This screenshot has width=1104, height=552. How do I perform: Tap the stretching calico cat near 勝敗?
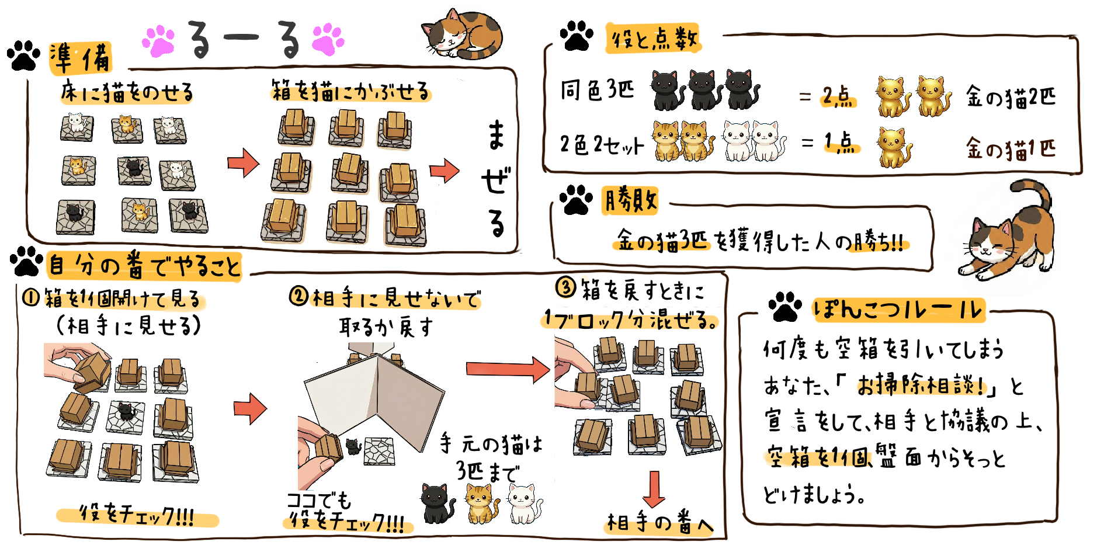click(1006, 231)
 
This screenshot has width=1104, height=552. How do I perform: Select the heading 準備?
click(81, 58)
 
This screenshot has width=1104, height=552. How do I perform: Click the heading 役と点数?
click(653, 39)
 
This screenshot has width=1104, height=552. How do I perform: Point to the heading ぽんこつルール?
click(898, 309)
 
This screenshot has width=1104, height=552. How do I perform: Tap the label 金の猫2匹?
click(1011, 96)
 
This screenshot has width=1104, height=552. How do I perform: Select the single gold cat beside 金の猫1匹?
click(894, 147)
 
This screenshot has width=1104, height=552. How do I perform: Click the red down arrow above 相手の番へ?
click(654, 489)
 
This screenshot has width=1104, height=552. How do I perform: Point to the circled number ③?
click(565, 287)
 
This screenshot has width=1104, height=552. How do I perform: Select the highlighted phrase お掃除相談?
click(922, 385)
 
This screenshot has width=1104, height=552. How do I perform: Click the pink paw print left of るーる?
click(159, 41)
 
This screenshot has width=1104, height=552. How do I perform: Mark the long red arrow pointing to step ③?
click(508, 369)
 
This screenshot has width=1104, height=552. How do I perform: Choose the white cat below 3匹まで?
click(523, 503)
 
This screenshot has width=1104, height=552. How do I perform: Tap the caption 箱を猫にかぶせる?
click(350, 91)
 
